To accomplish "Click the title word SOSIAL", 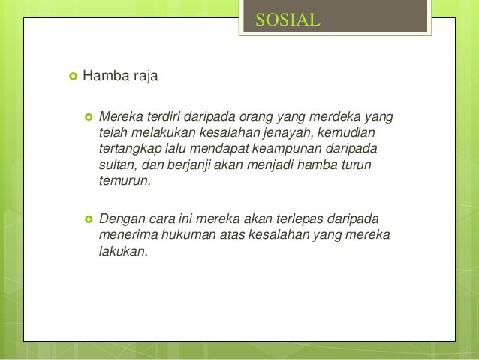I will click(288, 20).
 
